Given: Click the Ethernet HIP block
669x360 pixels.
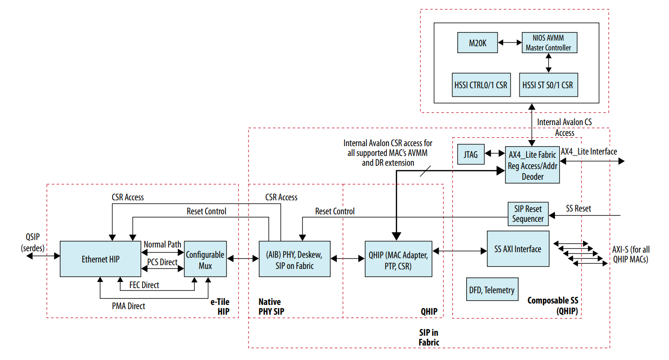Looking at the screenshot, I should tap(100, 259).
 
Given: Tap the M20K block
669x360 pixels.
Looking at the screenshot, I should tap(477, 43).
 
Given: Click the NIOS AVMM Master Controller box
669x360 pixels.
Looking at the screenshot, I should tap(548, 43).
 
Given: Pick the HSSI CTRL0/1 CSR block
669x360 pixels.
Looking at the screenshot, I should tap(481, 85).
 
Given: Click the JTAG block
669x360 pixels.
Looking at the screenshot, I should tap(471, 155).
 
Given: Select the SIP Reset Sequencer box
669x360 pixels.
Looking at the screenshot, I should tap(528, 214).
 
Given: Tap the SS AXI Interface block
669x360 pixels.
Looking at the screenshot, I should tap(518, 249).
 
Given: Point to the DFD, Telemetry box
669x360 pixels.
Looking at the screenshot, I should tap(491, 290).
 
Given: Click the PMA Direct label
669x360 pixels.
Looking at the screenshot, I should tap(128, 306).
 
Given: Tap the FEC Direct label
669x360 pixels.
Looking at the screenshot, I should tap(144, 285).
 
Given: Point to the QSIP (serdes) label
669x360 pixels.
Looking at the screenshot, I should tap(33, 243).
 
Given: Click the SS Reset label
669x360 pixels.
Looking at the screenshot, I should tap(578, 209).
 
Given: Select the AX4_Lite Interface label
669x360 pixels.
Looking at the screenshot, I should tap(589, 152).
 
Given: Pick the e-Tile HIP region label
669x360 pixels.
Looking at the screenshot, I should tap(220, 306).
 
